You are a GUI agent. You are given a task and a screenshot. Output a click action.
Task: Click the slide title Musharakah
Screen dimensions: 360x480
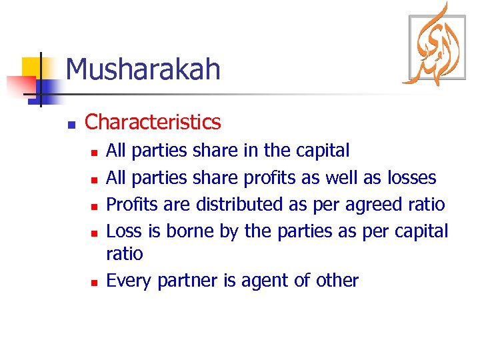click(143, 69)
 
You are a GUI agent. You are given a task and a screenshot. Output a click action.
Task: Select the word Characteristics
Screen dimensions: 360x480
click(153, 122)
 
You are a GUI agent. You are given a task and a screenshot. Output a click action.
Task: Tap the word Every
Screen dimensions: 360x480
click(129, 281)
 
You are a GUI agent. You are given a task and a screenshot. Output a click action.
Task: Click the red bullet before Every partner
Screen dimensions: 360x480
click(94, 283)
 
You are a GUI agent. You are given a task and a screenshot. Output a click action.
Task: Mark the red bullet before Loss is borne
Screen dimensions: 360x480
click(94, 233)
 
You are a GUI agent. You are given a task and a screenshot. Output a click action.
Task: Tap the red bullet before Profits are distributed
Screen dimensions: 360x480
click(94, 206)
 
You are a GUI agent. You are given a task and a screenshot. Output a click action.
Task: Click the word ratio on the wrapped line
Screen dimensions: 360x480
click(125, 254)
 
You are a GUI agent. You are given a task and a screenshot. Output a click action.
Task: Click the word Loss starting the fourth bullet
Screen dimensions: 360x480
click(123, 231)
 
